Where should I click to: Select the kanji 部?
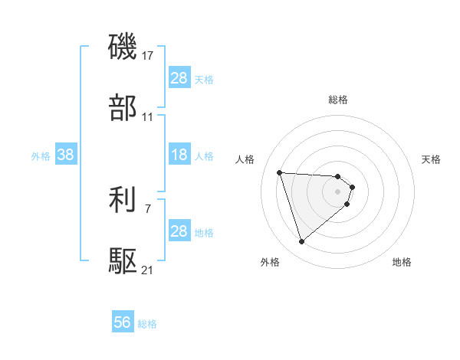tap(123, 109)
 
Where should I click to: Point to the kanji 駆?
tap(123, 262)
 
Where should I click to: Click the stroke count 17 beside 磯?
tap(148, 56)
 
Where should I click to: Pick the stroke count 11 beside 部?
tap(148, 117)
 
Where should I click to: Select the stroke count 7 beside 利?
tap(147, 208)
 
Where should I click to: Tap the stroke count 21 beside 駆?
tap(148, 270)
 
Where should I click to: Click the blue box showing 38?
tap(66, 155)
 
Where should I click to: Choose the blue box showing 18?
tap(179, 155)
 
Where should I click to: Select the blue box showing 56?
tap(123, 323)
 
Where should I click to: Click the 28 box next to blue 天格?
tap(179, 78)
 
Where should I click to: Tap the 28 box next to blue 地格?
tap(179, 231)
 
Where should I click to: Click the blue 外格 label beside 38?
tap(41, 155)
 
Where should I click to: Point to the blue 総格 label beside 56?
tap(147, 324)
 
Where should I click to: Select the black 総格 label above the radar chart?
tap(338, 100)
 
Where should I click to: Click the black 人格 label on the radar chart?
tap(245, 159)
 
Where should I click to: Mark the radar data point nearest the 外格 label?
tap(301, 242)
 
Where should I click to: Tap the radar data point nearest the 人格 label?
tap(280, 172)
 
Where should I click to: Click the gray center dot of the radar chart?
tap(338, 191)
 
